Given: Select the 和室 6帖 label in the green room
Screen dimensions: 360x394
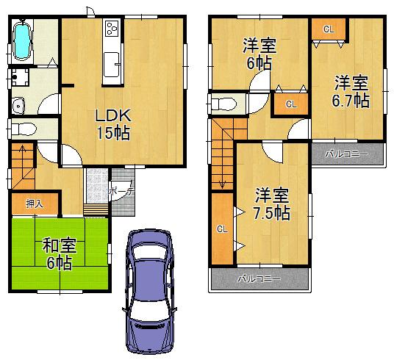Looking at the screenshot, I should [57, 253].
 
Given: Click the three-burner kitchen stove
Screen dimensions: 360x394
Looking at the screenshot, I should [112, 29].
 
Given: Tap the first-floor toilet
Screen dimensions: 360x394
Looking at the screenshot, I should [24, 129].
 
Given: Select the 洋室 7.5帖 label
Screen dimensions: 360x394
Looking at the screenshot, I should [272, 205].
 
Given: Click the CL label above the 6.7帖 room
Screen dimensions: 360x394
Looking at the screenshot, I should [328, 29].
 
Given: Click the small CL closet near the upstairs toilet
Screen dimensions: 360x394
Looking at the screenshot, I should [290, 104].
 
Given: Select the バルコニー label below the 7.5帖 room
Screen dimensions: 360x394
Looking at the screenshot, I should [259, 280].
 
